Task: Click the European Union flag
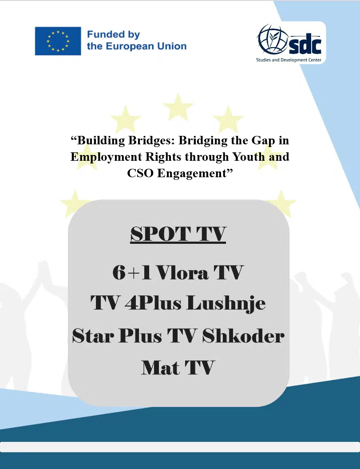click(58, 41)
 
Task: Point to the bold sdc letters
click(305, 45)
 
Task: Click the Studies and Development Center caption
click(289, 60)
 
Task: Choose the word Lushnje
click(226, 304)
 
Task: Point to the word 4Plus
click(153, 303)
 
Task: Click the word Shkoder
click(243, 335)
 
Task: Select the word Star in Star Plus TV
click(93, 336)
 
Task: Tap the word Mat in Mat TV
click(160, 368)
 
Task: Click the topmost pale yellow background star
click(178, 107)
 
